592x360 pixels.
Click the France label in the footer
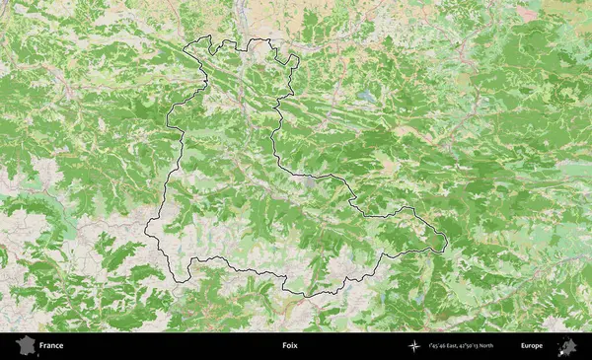(x=51, y=346)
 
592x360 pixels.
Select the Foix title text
(x=289, y=346)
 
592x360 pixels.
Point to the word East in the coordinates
(x=459, y=346)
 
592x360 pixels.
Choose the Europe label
(x=532, y=346)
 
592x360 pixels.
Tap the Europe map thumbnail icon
(x=568, y=346)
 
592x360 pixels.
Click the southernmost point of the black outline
(x=306, y=296)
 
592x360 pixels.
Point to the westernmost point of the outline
(x=145, y=232)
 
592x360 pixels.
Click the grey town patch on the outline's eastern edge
(x=311, y=181)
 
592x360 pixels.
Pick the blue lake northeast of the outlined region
(x=367, y=98)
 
